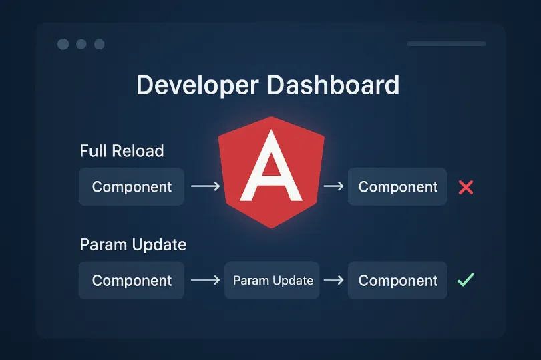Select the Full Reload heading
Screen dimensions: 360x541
click(x=122, y=151)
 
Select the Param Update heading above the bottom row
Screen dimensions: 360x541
click(x=133, y=244)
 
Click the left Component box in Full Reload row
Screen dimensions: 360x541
click(x=132, y=187)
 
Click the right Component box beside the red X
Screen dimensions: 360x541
click(x=397, y=187)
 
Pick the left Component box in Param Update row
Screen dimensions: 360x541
click(x=132, y=281)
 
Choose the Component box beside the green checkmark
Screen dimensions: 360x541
click(x=397, y=281)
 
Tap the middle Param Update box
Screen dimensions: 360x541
click(x=273, y=281)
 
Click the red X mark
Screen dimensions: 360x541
click(x=466, y=188)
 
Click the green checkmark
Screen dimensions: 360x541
click(x=466, y=280)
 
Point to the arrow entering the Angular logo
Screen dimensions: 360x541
click(x=205, y=187)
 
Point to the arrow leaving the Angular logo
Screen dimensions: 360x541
click(x=333, y=187)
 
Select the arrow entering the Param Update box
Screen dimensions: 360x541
click(x=205, y=281)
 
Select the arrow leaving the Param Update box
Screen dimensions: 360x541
click(x=333, y=281)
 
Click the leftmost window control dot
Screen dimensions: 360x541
click(x=63, y=44)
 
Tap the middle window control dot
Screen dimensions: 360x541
click(x=81, y=44)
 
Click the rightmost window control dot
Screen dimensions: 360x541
click(x=100, y=44)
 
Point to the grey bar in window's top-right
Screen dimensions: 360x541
click(x=446, y=44)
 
